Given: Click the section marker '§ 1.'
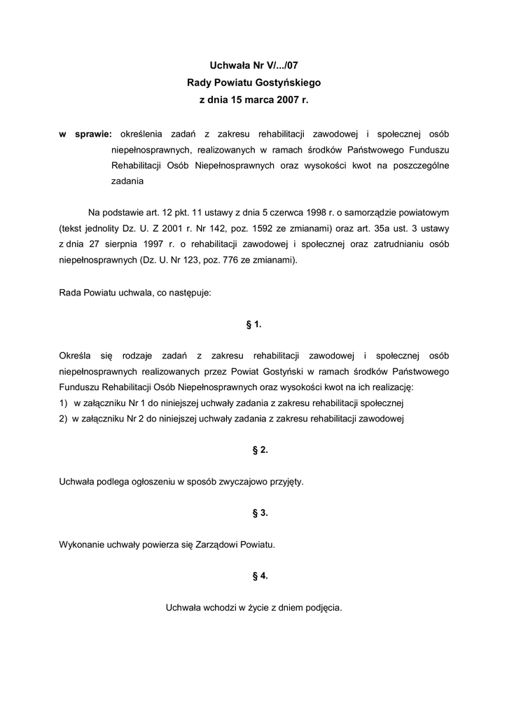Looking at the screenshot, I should pyautogui.click(x=253, y=324).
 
